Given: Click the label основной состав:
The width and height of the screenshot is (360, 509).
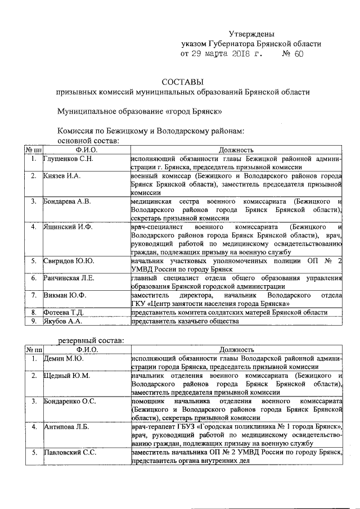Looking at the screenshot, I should pos(88,139).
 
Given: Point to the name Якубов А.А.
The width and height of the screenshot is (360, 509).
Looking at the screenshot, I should pos(63,321).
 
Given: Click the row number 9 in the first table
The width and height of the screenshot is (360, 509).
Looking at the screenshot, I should pos(34,321).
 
